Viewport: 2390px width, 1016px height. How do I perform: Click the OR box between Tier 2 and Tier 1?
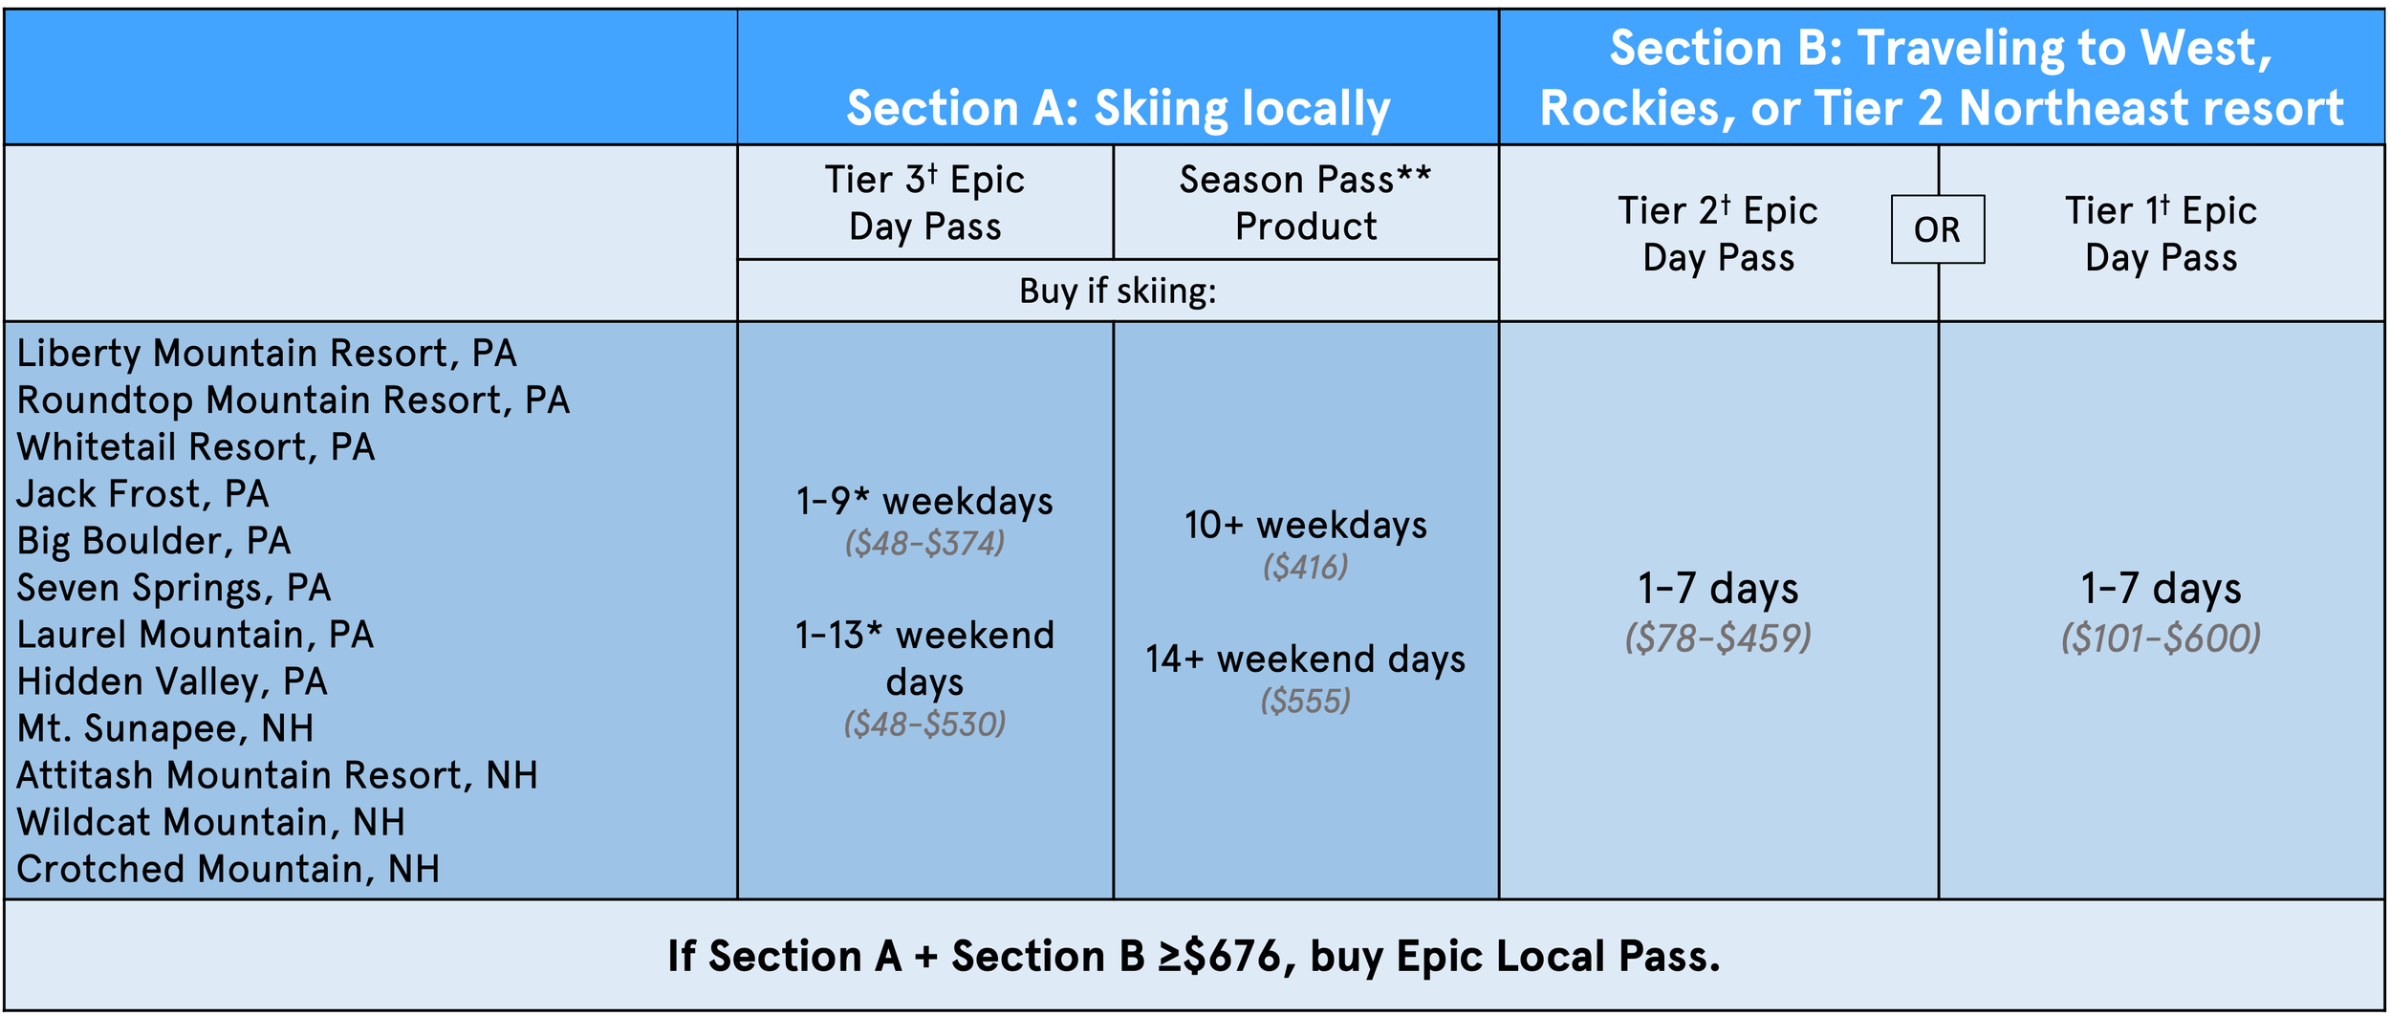pos(1937,229)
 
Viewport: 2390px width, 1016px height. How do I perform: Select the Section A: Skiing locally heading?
pos(1118,107)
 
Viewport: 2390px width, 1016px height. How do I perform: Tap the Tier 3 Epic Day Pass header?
pos(924,203)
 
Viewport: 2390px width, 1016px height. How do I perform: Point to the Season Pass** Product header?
pos(1305,203)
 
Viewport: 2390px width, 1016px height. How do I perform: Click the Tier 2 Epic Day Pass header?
pos(1718,233)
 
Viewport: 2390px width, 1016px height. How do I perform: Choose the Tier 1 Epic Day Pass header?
pos(2161,233)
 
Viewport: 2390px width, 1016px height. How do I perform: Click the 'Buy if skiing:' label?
pos(1118,291)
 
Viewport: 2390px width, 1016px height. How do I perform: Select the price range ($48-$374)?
pos(924,544)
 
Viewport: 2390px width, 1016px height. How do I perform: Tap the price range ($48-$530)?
pos(924,724)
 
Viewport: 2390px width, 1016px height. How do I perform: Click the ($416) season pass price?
pos(1305,568)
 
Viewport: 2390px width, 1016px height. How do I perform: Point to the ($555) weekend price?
pos(1305,702)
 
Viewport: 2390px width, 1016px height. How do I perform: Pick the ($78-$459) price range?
pos(1718,638)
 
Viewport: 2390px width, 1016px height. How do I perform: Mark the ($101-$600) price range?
pos(2161,638)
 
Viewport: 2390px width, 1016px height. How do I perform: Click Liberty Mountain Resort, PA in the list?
pos(267,354)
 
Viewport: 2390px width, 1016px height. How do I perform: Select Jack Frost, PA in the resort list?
pos(142,494)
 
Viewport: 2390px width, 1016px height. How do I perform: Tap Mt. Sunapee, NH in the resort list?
pos(165,728)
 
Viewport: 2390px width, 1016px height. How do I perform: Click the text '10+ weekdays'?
pos(1305,526)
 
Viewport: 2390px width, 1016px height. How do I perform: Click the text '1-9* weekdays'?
pos(924,502)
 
